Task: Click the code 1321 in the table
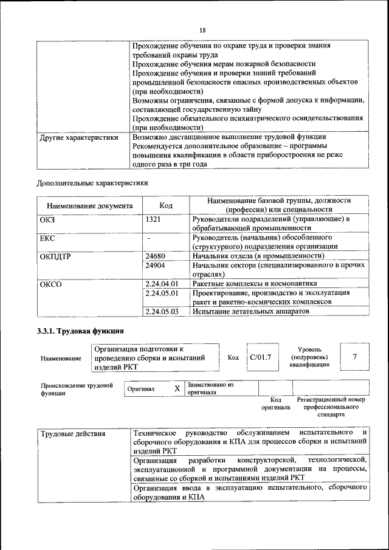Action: point(153,219)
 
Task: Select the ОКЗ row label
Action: point(47,219)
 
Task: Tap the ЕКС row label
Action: point(47,238)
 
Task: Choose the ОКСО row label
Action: point(50,284)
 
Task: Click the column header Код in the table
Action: point(166,205)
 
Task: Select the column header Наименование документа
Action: point(89,205)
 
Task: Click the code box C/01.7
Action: point(260,357)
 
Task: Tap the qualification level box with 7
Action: point(354,357)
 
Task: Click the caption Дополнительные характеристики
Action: point(92,182)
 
